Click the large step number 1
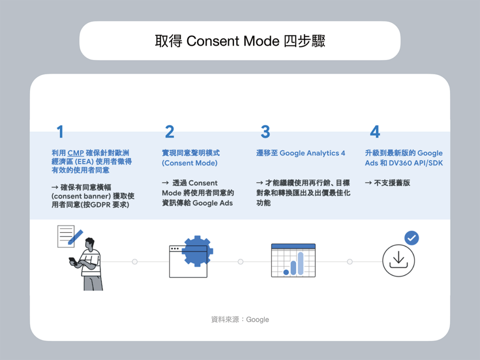[60, 132]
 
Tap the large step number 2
[170, 132]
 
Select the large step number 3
[265, 132]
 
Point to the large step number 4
[375, 132]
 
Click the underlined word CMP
[75, 153]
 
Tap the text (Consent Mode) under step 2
[190, 163]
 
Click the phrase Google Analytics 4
[312, 153]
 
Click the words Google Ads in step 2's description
[213, 203]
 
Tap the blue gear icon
[197, 251]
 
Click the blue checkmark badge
[412, 238]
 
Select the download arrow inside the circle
[398, 260]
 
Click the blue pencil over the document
[75, 237]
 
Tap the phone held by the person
[73, 261]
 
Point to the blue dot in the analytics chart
[286, 272]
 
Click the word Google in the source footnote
[257, 320]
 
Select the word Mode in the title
[262, 41]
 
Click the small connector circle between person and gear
[135, 262]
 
